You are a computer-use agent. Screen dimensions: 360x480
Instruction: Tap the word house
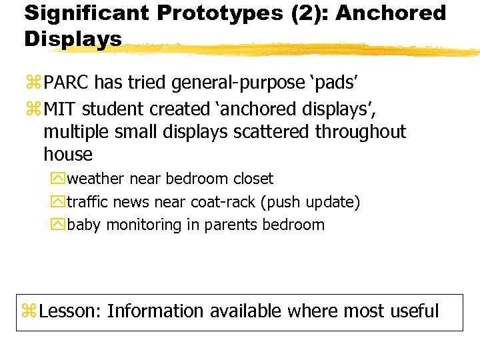click(67, 155)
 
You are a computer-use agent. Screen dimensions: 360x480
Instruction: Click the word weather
click(96, 179)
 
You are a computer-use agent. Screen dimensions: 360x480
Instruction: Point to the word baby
click(84, 225)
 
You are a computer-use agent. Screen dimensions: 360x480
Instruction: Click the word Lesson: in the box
click(70, 311)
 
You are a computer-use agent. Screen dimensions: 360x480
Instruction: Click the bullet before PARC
click(32, 83)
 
